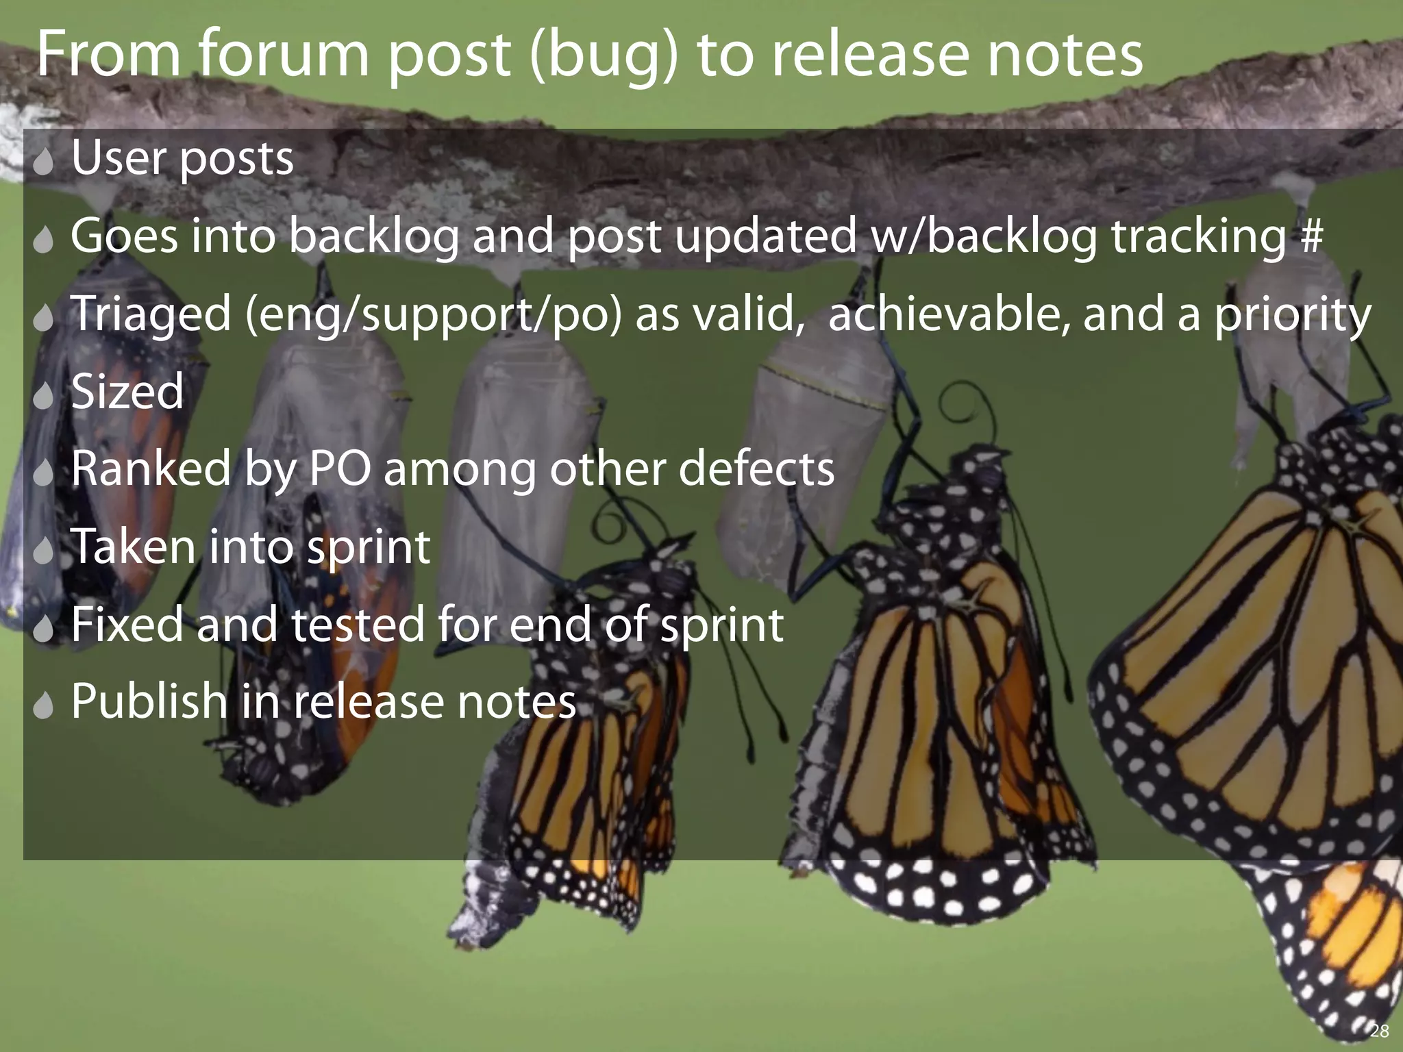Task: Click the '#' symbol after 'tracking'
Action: (1311, 236)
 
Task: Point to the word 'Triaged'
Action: (151, 314)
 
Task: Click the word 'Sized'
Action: (127, 391)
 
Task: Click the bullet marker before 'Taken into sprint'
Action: (43, 550)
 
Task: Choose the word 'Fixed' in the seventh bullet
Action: (127, 624)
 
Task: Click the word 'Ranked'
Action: (151, 469)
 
